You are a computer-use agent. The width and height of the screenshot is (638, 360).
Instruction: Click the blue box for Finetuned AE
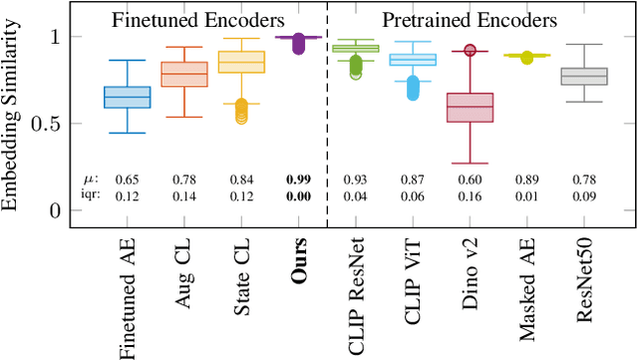(128, 97)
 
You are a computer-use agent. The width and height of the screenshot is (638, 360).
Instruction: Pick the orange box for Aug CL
(184, 74)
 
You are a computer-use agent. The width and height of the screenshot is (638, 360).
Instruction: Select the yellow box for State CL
(241, 62)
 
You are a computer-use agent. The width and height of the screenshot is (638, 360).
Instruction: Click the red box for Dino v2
(470, 107)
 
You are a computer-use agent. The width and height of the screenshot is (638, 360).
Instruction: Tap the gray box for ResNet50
(583, 76)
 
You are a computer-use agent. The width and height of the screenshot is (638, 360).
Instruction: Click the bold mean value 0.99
(297, 179)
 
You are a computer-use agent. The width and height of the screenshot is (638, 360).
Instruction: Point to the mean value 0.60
(470, 179)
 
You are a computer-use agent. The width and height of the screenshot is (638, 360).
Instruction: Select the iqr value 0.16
(470, 194)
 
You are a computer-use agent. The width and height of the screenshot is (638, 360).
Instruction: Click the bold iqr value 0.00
(297, 194)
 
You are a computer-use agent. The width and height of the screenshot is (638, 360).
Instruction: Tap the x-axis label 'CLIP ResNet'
(357, 290)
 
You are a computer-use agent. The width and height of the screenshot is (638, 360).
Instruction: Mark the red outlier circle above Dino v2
(470, 50)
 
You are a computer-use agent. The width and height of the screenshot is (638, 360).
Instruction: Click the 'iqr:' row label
(91, 194)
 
